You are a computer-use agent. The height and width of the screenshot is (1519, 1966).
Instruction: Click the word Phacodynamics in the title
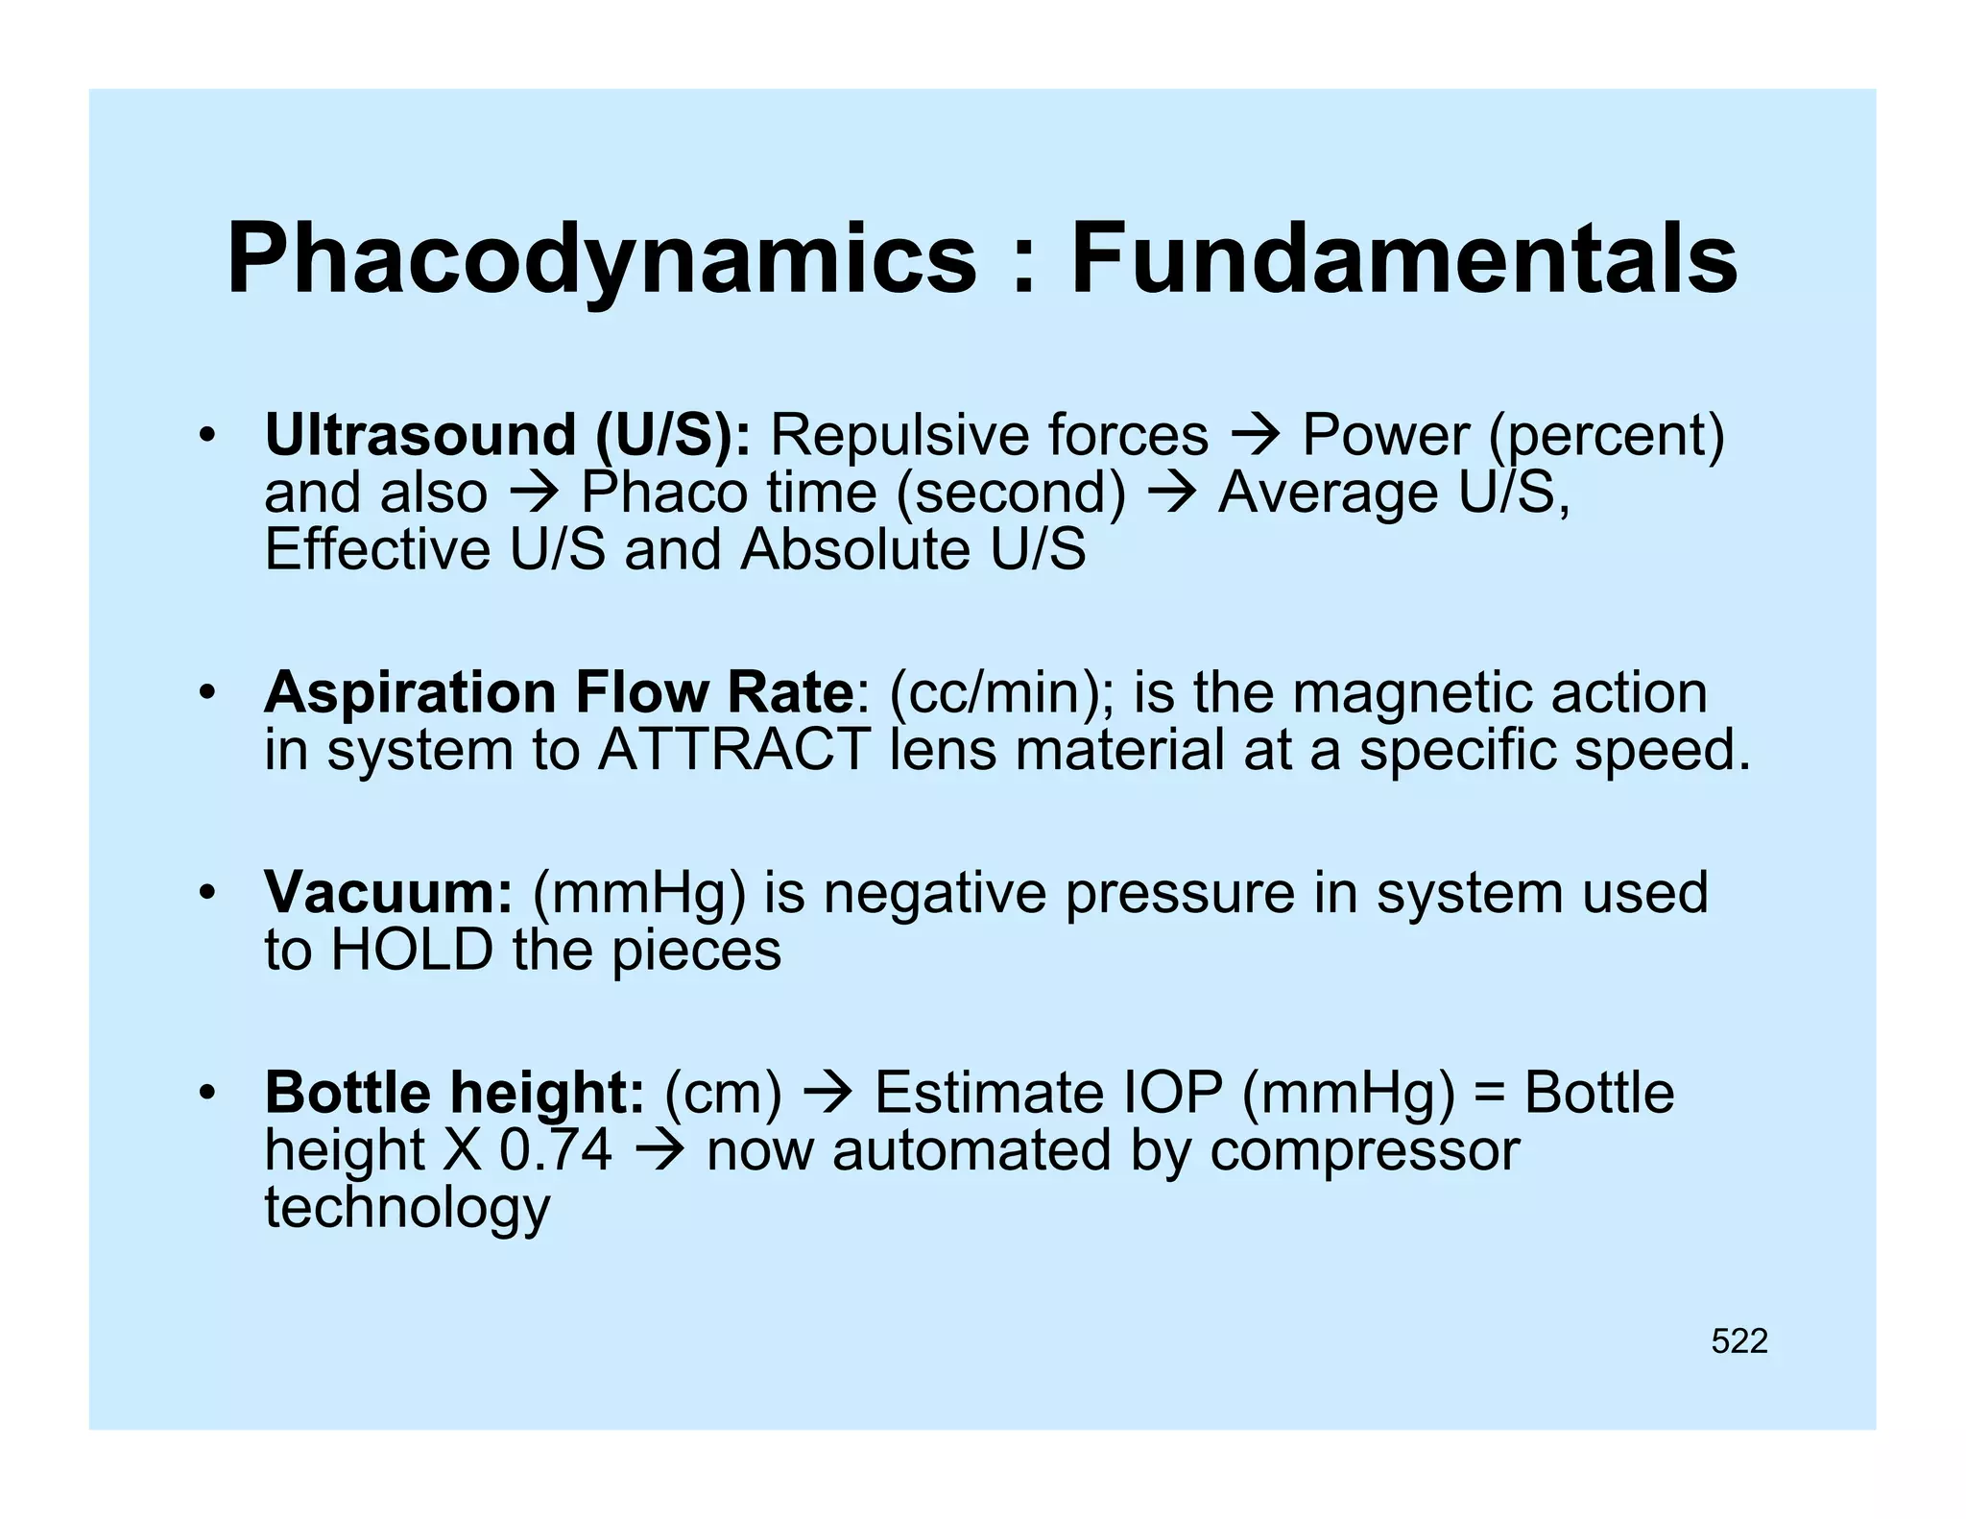602,259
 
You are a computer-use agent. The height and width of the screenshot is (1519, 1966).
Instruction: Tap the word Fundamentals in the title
1403,259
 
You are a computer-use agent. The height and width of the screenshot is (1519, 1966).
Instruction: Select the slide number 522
1738,1340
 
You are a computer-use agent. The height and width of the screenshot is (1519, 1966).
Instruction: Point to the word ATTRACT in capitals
733,749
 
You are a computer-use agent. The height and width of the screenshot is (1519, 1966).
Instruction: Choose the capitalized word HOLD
412,950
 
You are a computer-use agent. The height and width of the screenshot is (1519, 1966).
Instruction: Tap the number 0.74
556,1149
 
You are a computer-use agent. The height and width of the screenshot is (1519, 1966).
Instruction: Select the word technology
407,1208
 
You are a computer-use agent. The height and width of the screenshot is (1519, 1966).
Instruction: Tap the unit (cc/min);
1002,692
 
